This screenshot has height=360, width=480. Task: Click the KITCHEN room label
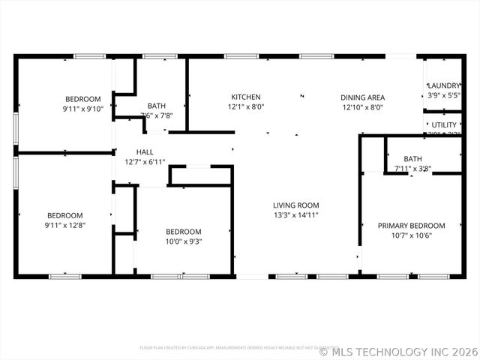coord(246,97)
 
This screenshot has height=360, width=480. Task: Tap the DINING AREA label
coord(363,97)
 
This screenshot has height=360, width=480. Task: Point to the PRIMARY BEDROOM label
coord(411,226)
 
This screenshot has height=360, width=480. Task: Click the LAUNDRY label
coord(443,86)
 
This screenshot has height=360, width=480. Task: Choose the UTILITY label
coord(444,124)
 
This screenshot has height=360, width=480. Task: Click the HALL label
coord(145,152)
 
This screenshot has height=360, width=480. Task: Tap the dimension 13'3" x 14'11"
coord(295,215)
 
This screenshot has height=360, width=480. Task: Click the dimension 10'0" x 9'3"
coord(184,241)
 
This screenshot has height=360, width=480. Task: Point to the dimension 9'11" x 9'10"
coord(82,109)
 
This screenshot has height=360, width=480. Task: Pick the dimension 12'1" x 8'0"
coord(246,107)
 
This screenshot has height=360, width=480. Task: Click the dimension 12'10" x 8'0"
coord(363,107)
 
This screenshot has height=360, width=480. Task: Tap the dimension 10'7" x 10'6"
coord(411,235)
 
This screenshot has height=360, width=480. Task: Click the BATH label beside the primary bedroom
coord(412,159)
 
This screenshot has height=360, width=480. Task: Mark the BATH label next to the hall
coord(157,106)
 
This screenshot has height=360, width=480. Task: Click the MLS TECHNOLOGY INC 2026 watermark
coord(399,350)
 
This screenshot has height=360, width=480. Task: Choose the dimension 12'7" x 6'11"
coord(145,162)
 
